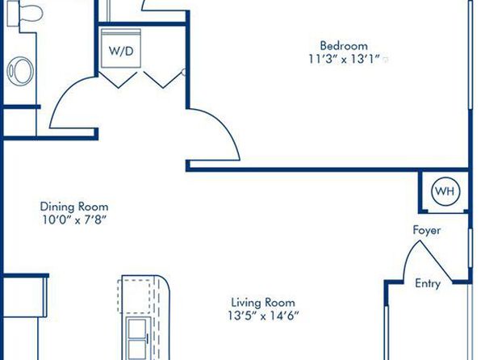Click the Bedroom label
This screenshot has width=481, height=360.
[344, 46]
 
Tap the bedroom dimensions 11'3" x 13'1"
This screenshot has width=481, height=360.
[345, 59]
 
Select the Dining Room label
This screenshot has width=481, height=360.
[74, 207]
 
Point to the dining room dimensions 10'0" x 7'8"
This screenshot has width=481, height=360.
[74, 220]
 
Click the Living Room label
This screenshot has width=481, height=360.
[263, 303]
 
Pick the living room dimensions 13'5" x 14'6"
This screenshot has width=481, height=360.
[263, 316]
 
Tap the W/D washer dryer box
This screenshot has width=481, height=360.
[121, 48]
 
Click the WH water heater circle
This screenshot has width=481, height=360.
[445, 191]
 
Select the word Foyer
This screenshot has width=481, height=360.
[427, 230]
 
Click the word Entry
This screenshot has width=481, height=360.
[428, 283]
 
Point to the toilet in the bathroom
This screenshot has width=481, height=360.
[25, 13]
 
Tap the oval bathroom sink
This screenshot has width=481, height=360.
[20, 71]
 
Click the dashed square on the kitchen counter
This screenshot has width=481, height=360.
[134, 296]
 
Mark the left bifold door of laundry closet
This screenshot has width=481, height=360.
[119, 80]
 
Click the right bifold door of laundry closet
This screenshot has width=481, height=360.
[163, 80]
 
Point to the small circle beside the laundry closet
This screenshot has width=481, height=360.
[184, 72]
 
